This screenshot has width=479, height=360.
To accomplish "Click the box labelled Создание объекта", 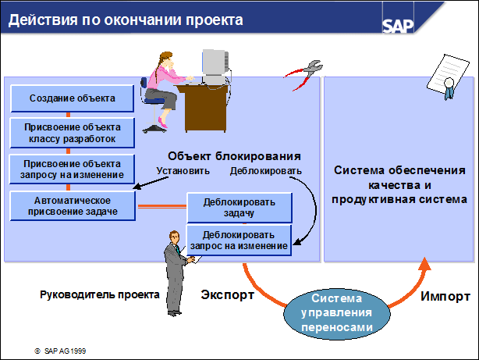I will click(73, 98).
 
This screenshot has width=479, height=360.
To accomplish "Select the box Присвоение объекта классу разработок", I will click(73, 133).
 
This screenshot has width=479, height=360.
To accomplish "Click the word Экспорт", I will click(227, 296).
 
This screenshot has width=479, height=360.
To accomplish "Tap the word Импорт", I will click(445, 297).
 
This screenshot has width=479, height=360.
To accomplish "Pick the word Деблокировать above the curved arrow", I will click(265, 170).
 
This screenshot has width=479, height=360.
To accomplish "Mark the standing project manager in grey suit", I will click(173, 269).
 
